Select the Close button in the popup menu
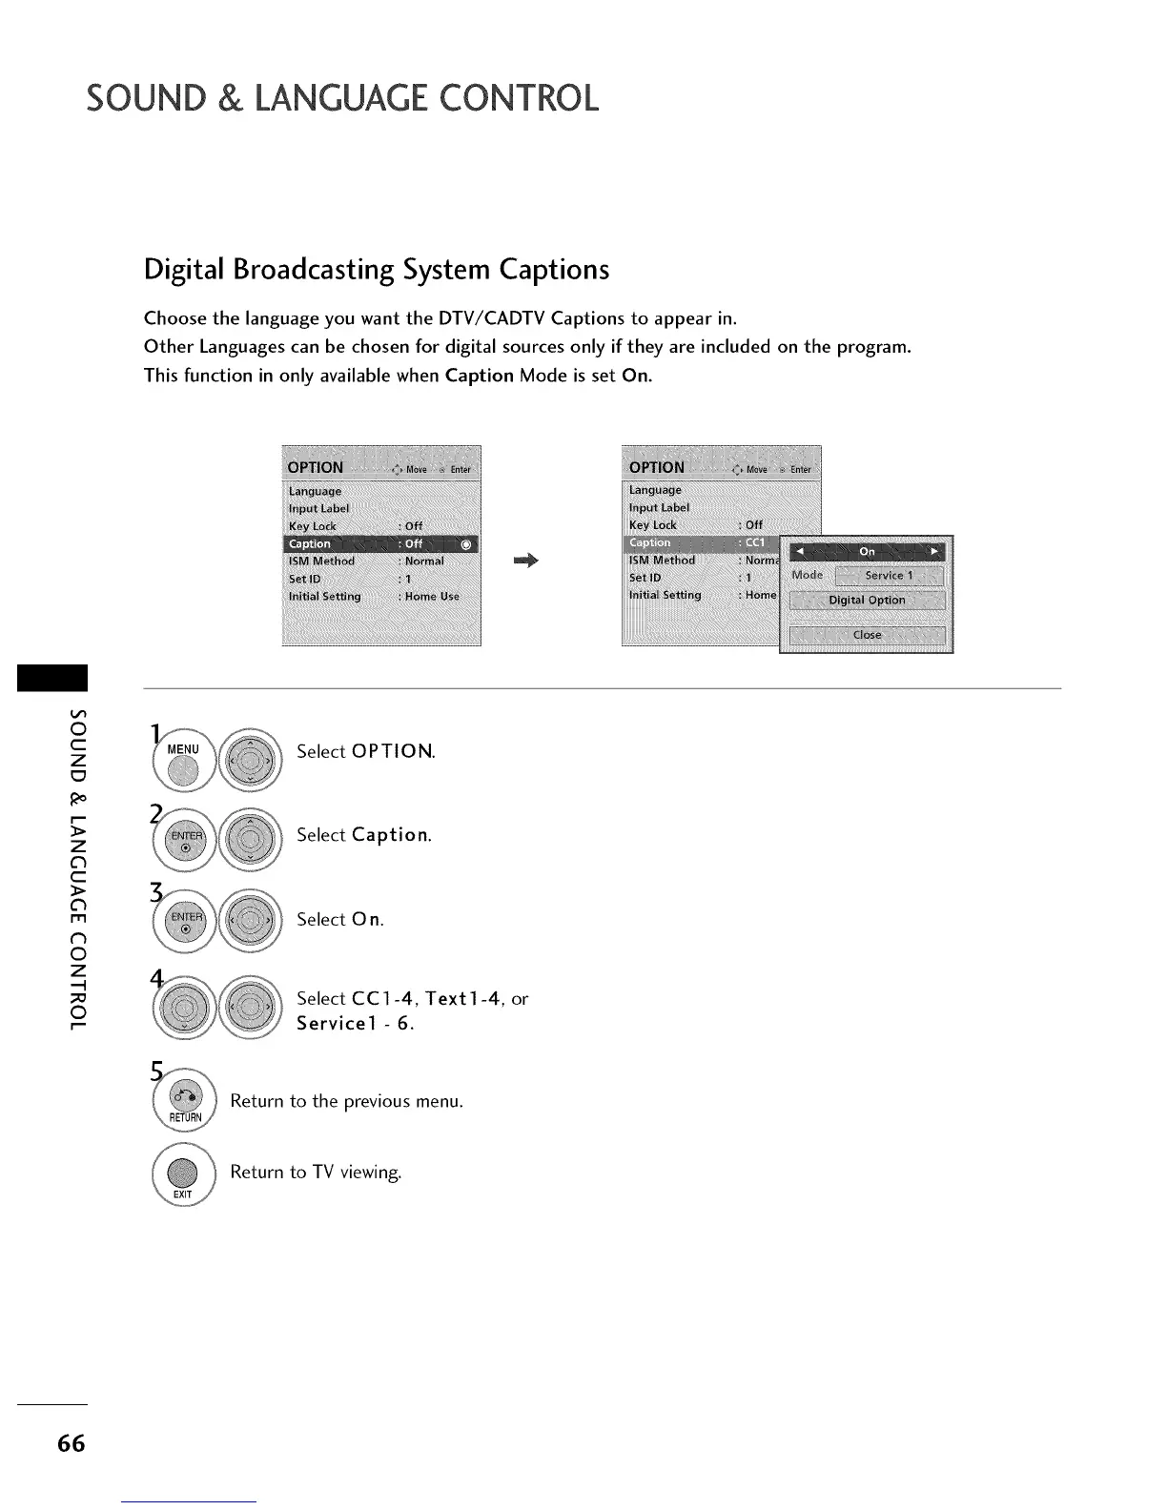(867, 635)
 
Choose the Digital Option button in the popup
(867, 601)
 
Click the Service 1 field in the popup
(889, 576)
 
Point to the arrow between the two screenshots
(525, 561)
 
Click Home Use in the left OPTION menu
(432, 597)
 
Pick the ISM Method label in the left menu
(321, 561)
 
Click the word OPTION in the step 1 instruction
(392, 751)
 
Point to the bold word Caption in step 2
(389, 835)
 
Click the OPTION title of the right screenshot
(657, 467)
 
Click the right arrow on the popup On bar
(934, 551)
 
